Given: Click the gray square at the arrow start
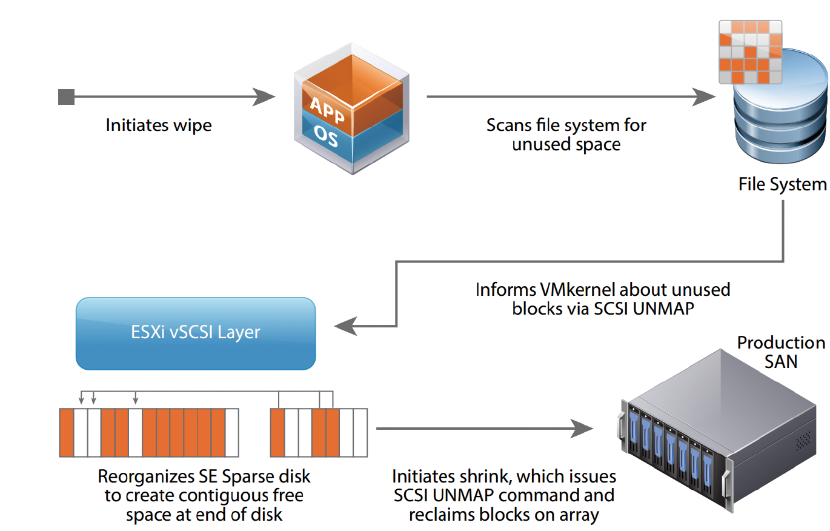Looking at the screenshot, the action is point(66,97).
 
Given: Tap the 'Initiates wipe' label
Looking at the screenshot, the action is point(159,125).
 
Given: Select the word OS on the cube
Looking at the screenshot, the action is point(326,136).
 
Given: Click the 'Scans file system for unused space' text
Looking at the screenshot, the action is point(566,135).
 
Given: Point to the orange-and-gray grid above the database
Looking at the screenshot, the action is point(751,52).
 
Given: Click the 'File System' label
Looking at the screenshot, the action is point(783,184).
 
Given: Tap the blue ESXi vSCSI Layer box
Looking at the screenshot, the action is point(196,333).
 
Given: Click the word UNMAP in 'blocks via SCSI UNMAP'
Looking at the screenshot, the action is point(663,309).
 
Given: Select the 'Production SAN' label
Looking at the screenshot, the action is point(781,352).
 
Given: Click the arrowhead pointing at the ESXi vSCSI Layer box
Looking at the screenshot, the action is point(346,326).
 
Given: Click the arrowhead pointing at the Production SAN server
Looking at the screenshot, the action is point(582,429).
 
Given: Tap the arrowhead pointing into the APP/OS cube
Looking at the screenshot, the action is point(264,97).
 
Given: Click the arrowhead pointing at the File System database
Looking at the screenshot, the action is point(704,97).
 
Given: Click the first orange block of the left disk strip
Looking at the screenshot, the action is point(67,433).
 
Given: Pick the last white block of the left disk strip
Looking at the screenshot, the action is point(232,433).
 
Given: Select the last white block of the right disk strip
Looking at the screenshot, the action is point(360,433).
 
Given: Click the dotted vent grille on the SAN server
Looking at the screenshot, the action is point(803,441).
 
